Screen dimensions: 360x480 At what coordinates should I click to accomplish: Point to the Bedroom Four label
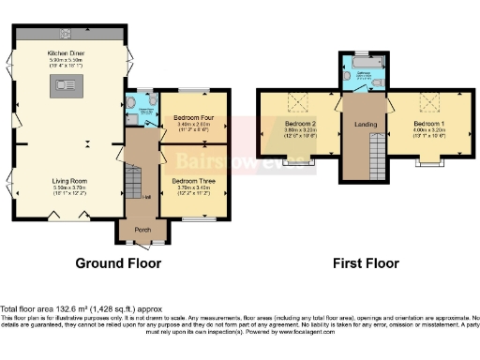195,117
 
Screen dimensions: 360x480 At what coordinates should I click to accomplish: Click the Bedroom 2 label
299,123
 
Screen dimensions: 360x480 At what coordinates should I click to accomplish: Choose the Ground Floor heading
118,263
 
